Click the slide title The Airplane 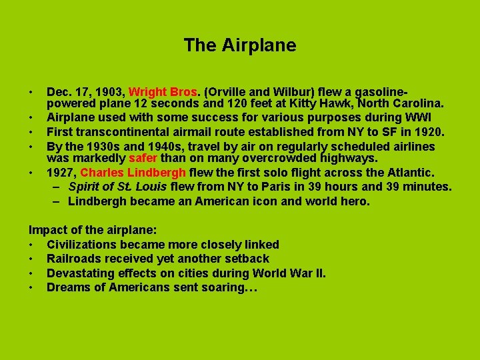tap(240, 45)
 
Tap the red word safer tap(142, 159)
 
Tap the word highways tap(347, 159)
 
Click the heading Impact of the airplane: tap(93, 231)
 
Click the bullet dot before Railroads tap(31, 259)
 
